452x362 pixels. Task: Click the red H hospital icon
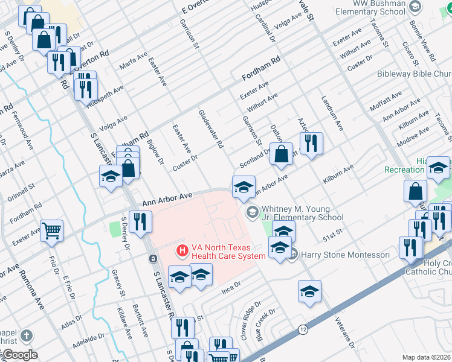tap(181, 249)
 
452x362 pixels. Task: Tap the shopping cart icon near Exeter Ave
tap(51, 230)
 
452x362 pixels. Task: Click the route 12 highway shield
tap(302, 329)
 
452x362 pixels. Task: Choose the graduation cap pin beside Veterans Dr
tap(309, 291)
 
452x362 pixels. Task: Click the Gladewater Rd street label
tap(211, 129)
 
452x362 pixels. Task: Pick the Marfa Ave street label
tap(134, 60)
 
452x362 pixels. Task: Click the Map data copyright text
tap(427, 357)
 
